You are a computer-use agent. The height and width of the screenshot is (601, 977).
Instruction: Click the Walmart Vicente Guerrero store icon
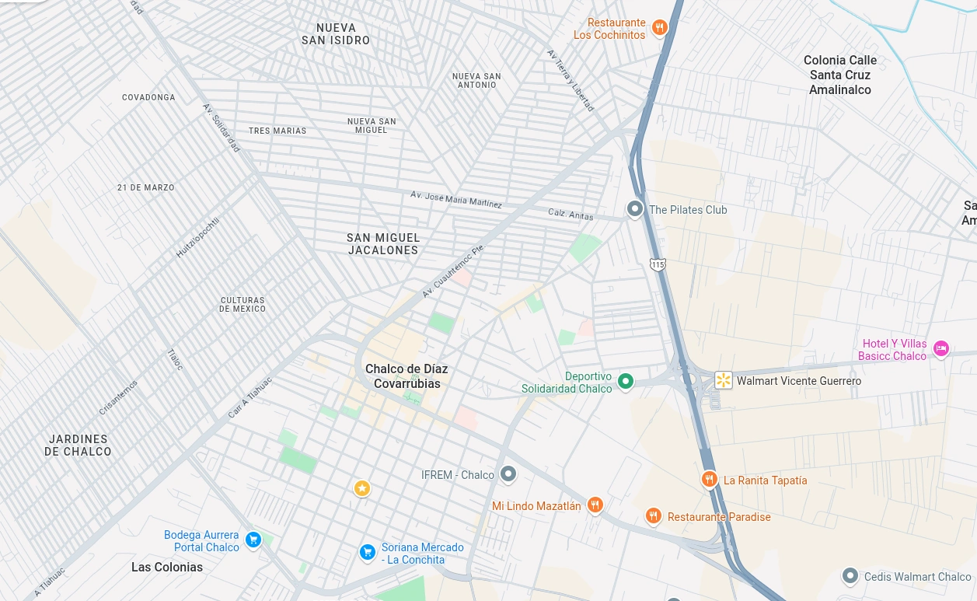click(x=724, y=380)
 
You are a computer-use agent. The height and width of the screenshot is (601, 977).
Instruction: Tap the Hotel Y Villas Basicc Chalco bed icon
click(x=940, y=349)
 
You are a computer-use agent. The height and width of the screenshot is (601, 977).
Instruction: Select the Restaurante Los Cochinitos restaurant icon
click(x=659, y=28)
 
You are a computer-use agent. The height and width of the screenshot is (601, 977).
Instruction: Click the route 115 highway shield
click(x=658, y=265)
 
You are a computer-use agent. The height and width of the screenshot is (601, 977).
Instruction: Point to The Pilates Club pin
click(x=635, y=209)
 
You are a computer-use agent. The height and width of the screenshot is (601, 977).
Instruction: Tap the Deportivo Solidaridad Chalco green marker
click(x=625, y=382)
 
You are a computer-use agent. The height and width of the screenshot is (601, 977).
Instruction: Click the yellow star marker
click(x=362, y=488)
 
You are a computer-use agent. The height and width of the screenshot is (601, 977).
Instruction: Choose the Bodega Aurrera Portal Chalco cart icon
click(x=253, y=540)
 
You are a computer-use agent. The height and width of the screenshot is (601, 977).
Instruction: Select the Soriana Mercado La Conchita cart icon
click(x=368, y=552)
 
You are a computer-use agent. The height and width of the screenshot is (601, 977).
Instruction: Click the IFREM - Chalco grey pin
click(x=508, y=473)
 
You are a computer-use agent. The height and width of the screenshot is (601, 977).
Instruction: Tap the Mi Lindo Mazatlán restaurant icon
click(x=595, y=505)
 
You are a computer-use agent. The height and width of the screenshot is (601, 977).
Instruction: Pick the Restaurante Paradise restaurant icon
click(x=653, y=516)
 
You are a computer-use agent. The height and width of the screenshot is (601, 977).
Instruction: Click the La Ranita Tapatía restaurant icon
click(x=709, y=480)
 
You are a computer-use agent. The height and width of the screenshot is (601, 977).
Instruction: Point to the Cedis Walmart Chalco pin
click(x=850, y=576)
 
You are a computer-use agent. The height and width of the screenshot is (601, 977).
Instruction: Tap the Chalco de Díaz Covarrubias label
click(x=407, y=376)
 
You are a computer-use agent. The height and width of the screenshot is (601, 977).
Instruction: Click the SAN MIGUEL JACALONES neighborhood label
click(x=383, y=244)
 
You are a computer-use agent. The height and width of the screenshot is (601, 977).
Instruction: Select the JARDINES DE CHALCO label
click(x=78, y=446)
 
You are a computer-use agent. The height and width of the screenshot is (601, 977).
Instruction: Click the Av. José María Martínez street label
click(x=456, y=199)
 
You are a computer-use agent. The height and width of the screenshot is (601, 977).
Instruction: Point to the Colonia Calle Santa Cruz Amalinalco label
click(x=840, y=75)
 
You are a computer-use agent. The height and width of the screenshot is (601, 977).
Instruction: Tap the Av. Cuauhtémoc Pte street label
click(x=452, y=271)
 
